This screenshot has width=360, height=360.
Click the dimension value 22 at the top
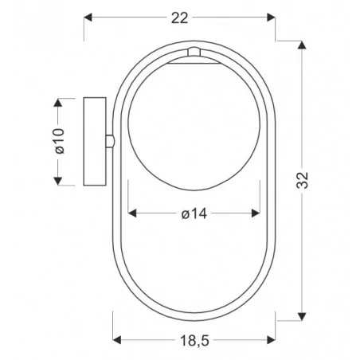[x=180, y=18]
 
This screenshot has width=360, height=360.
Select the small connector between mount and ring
[x=110, y=141]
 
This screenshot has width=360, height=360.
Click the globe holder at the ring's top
[x=194, y=53]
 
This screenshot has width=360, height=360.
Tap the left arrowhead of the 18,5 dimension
[x=117, y=341]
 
